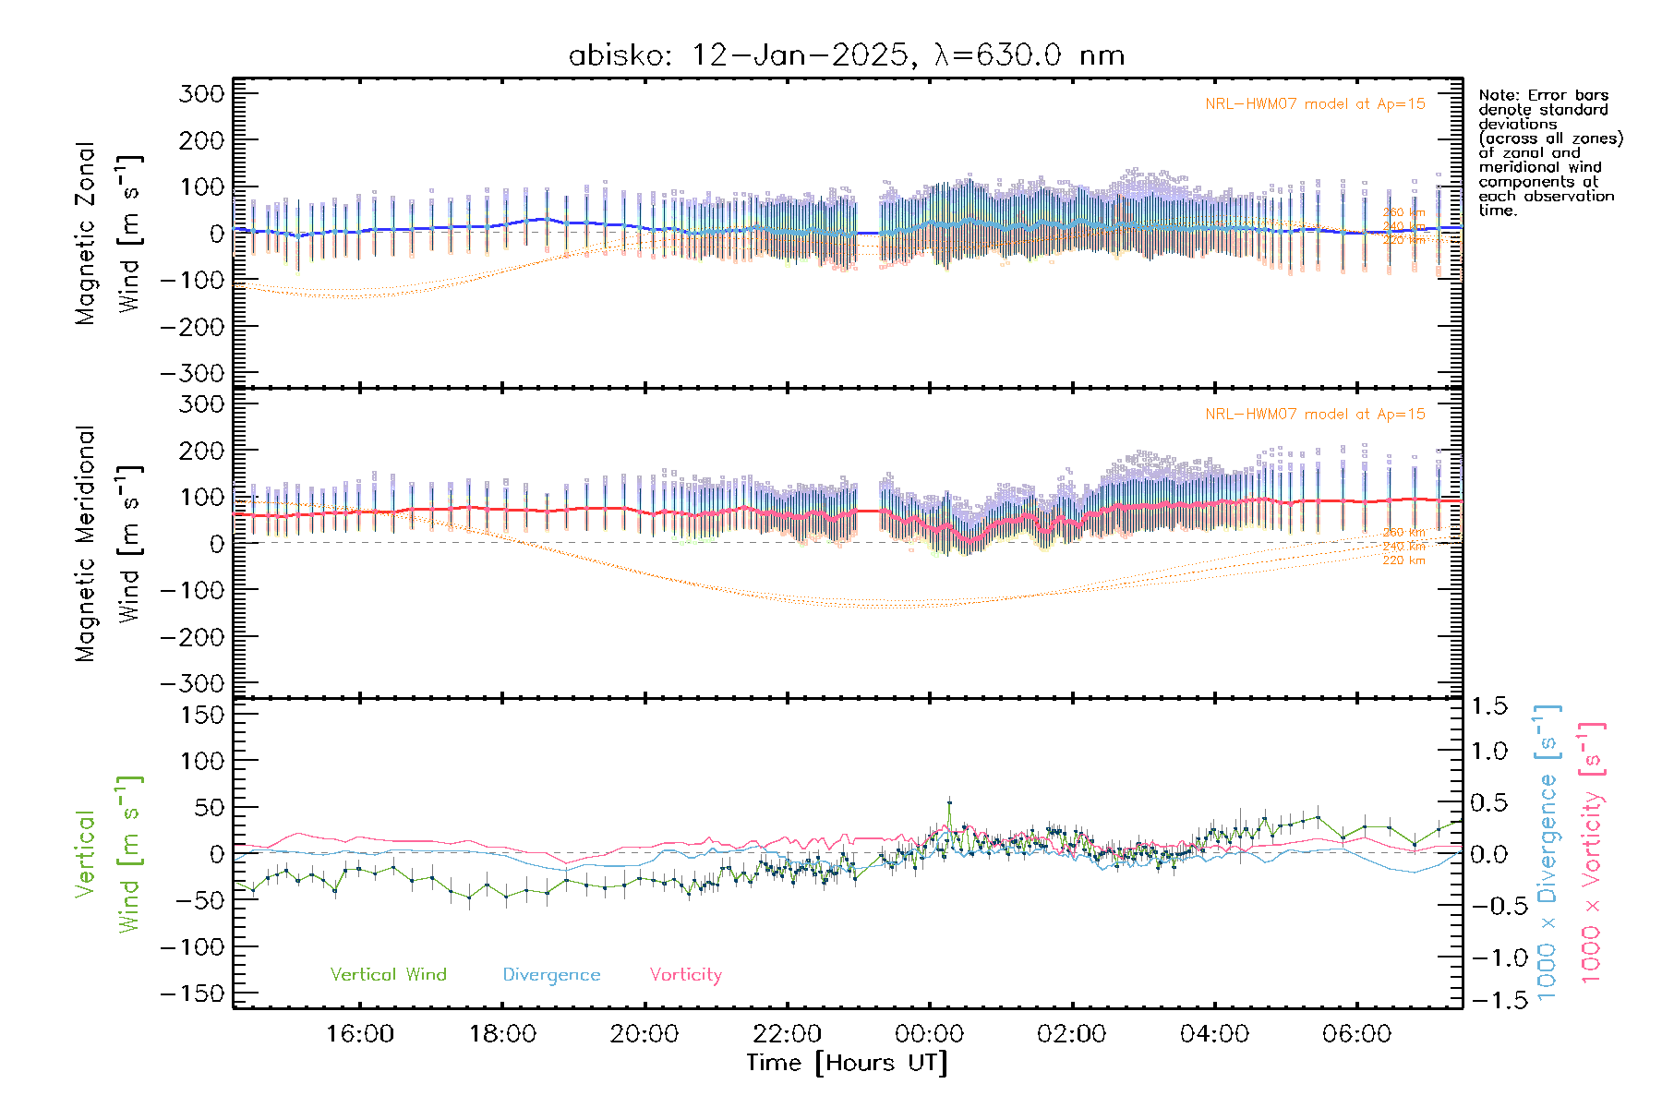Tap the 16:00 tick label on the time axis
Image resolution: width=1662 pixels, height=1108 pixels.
(360, 1034)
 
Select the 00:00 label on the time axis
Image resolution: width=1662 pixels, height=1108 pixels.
(930, 1034)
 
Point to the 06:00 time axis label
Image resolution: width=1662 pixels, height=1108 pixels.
(1356, 1034)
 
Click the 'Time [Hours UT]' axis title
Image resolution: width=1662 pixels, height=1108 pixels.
(847, 1063)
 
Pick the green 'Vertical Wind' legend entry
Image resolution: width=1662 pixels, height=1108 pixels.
(388, 975)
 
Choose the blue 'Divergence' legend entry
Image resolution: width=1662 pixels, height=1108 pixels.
(551, 975)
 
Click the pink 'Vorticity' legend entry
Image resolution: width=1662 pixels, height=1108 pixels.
(685, 975)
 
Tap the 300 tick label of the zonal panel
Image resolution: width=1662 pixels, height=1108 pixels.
(202, 93)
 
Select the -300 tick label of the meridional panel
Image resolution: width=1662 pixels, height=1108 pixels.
(193, 683)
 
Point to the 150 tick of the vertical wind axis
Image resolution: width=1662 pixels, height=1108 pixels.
(202, 715)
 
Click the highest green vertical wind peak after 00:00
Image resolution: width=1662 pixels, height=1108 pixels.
(949, 803)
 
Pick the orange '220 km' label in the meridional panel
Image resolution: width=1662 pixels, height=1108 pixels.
(1403, 560)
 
